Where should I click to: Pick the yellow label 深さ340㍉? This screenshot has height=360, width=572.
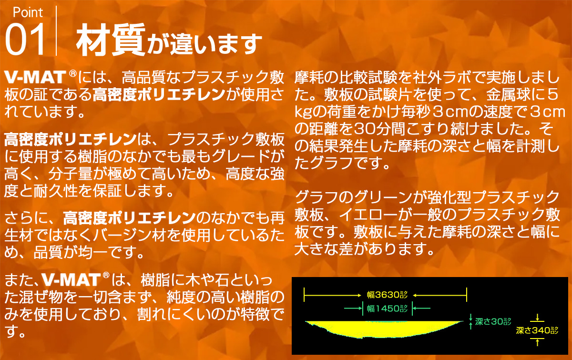coord(537,329)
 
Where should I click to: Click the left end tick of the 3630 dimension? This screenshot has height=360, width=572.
coord(304,295)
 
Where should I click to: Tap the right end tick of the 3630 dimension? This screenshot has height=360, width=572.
coord(467,295)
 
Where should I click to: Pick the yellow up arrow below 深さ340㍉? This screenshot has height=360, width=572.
coord(537,341)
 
